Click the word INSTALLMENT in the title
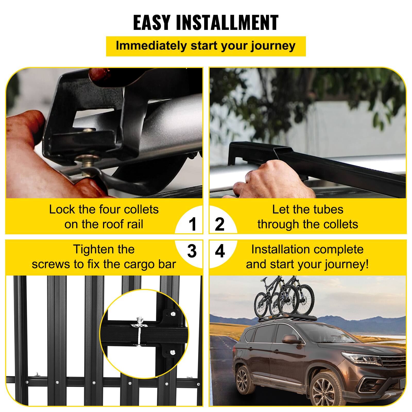click(227, 23)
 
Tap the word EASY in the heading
click(152, 23)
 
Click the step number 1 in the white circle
click(192, 224)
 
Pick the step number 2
click(219, 224)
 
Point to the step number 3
click(192, 251)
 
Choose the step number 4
click(220, 251)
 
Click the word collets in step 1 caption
click(141, 209)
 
